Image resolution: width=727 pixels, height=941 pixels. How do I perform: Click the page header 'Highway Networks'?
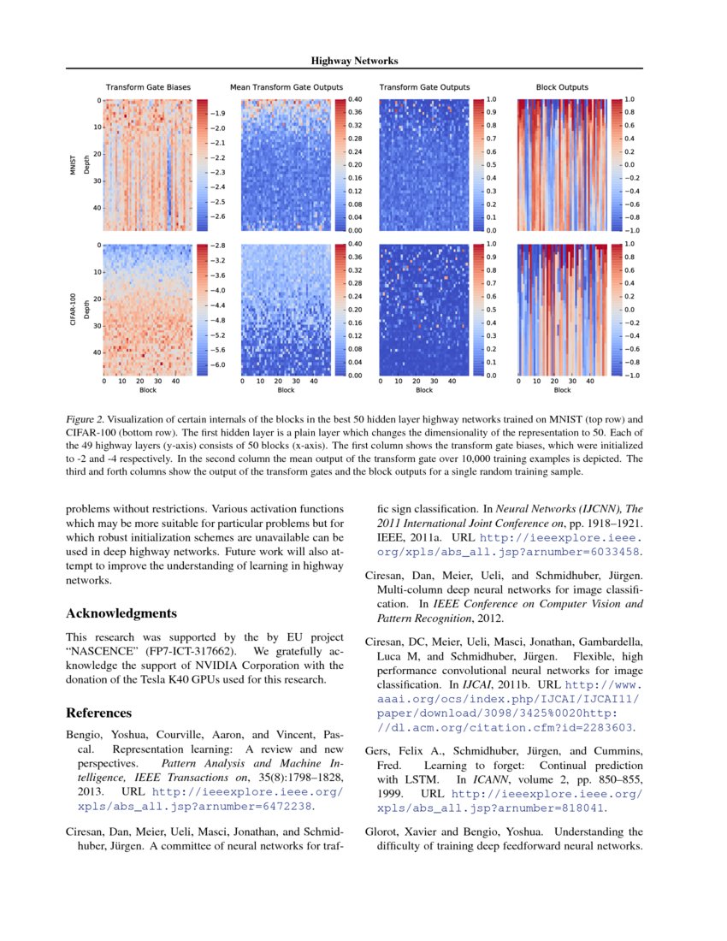(x=354, y=61)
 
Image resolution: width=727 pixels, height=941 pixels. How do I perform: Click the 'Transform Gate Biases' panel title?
(x=148, y=87)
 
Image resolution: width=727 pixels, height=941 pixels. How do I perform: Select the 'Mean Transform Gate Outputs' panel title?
(x=287, y=87)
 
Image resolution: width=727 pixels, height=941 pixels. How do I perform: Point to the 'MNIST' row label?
(x=74, y=164)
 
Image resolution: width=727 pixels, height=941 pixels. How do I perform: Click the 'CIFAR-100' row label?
(x=74, y=310)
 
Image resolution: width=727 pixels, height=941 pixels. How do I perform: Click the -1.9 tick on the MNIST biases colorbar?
(x=219, y=113)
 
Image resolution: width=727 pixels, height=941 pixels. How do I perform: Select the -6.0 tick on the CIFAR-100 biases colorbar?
(x=219, y=364)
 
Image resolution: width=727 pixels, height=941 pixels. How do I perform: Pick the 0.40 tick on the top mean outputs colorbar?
(x=354, y=100)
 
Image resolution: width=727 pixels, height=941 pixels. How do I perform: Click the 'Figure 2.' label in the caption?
(x=85, y=420)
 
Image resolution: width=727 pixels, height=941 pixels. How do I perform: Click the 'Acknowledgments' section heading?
(x=121, y=613)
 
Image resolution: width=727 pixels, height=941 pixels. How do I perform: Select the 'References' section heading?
(x=99, y=713)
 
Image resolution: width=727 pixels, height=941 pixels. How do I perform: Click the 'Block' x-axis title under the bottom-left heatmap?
(x=148, y=390)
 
